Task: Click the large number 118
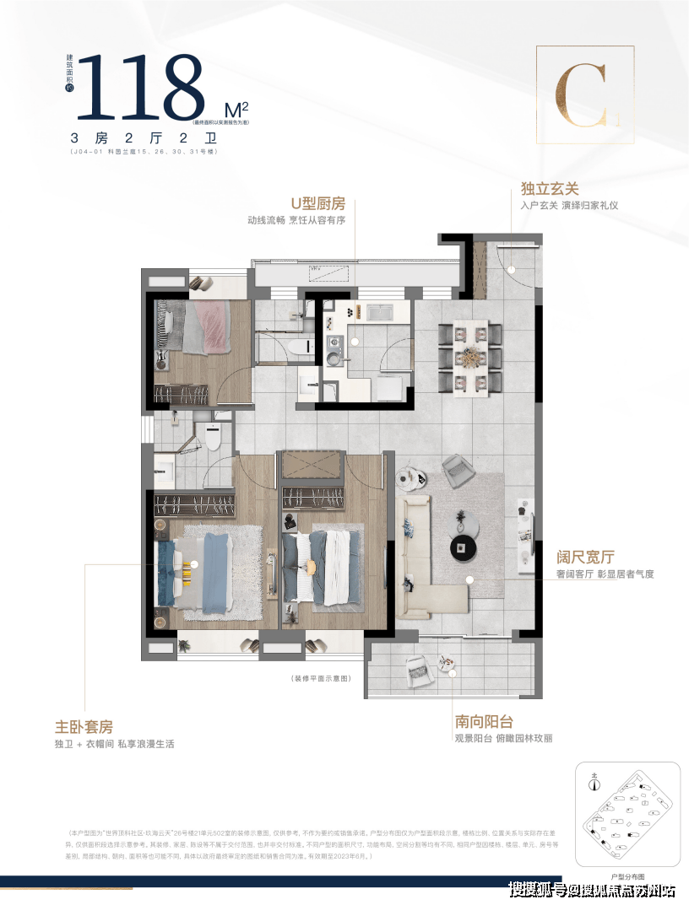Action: click(142, 87)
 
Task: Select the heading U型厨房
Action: click(318, 203)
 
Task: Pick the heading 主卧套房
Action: click(83, 726)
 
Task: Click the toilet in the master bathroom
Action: click(210, 439)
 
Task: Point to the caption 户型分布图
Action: click(626, 876)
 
